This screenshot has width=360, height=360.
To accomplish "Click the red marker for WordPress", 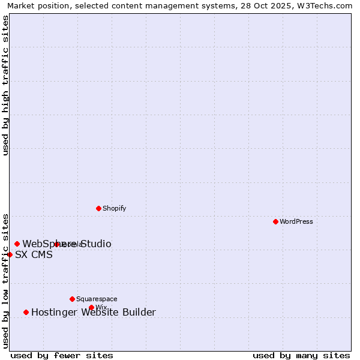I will click(275, 221).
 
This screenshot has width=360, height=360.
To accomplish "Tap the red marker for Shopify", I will click(98, 208).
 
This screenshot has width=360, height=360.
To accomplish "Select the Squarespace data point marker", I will click(72, 299).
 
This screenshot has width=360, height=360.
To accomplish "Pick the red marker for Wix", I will click(91, 307).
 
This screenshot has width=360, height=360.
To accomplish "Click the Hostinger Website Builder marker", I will click(26, 312).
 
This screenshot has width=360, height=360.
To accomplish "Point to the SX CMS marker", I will click(10, 254).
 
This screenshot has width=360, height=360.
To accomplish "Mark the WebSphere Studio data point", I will click(17, 244).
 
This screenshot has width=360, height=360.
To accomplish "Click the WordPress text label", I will click(296, 221).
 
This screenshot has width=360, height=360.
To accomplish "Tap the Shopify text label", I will click(114, 208).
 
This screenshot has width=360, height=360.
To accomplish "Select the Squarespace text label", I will click(97, 299).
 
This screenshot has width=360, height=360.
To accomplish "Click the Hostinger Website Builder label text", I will click(93, 312).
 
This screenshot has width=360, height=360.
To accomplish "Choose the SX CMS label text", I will click(34, 254).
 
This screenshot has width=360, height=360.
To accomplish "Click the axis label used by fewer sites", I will click(62, 355).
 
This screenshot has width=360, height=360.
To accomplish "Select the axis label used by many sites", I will click(301, 355).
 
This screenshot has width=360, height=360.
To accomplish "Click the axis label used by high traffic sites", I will click(6, 85).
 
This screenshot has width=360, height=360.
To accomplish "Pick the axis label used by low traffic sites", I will click(6, 280).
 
